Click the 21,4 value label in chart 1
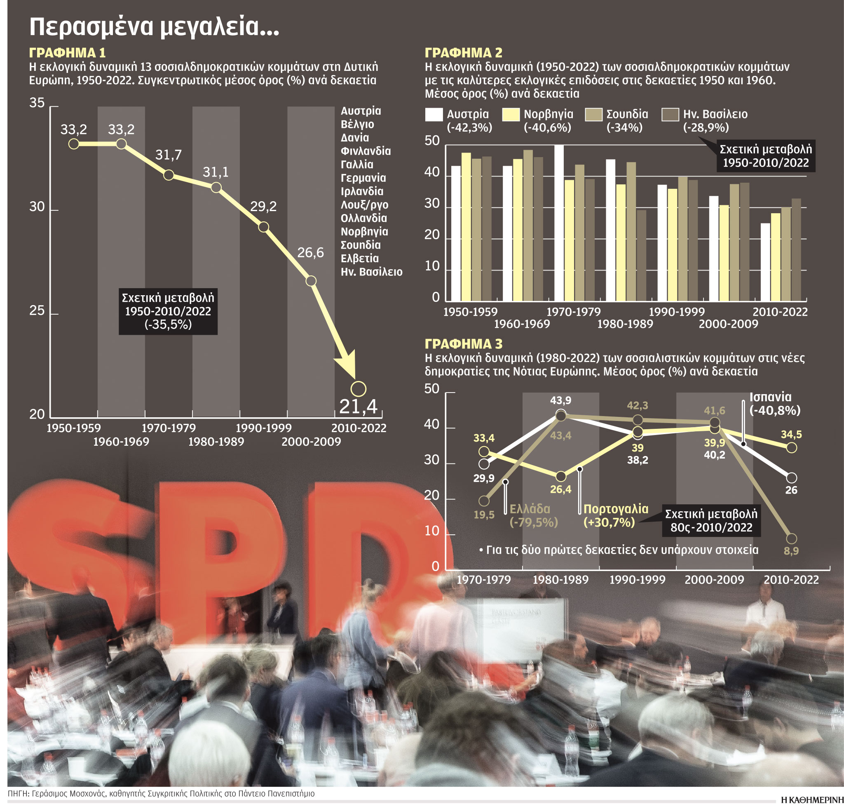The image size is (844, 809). click(x=358, y=406)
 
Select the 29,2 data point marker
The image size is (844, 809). click(x=263, y=227)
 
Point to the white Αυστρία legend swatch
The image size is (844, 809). click(x=434, y=114)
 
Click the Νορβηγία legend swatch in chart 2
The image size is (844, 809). click(x=511, y=114)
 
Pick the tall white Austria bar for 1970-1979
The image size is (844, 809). click(x=559, y=223)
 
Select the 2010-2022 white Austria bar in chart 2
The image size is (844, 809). click(x=765, y=262)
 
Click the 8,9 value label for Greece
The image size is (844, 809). click(x=791, y=550)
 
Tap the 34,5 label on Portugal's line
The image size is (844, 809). click(x=791, y=434)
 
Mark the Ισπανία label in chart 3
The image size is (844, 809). click(x=770, y=397)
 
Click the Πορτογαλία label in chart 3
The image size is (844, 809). click(x=616, y=509)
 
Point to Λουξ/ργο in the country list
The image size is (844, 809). click(x=364, y=205)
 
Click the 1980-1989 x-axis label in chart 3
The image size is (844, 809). click(x=560, y=580)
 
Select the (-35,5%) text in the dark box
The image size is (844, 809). click(x=168, y=325)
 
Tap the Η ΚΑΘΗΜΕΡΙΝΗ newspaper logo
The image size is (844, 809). click(x=812, y=800)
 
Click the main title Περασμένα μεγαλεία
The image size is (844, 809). click(x=154, y=27)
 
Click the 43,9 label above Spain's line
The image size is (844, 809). click(x=560, y=400)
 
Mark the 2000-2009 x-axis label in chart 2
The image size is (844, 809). click(x=728, y=324)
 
